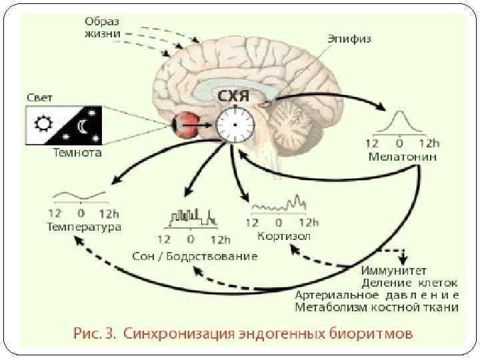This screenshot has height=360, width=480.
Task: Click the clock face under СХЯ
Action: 235,126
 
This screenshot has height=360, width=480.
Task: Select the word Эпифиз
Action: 349,39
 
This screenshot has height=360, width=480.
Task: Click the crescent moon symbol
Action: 83,125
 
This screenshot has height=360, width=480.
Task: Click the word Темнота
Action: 77,153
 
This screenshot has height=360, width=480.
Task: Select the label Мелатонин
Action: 403,158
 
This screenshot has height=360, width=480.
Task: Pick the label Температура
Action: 83,227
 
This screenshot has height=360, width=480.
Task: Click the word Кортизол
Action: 283,236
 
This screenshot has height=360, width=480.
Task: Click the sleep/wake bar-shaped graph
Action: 192,217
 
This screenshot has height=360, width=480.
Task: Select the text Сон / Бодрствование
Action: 195,257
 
